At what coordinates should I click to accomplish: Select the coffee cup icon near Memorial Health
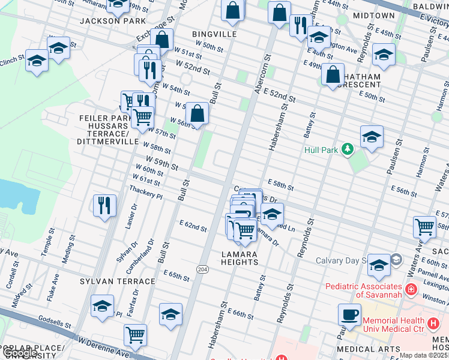tap(349, 314)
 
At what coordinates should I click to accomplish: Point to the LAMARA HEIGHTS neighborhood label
tap(239, 258)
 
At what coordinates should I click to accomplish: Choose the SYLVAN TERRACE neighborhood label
tap(118, 281)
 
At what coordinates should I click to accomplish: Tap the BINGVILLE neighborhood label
tap(214, 34)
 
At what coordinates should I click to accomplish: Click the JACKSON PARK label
tap(113, 21)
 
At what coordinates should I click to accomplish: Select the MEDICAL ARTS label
tap(369, 349)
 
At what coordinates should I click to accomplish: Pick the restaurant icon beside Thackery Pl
tap(105, 205)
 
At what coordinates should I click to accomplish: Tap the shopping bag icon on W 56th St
tap(197, 112)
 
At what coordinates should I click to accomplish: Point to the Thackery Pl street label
tap(146, 192)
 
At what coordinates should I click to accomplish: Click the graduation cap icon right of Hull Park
tap(372, 137)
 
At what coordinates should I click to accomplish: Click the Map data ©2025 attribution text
tap(423, 355)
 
